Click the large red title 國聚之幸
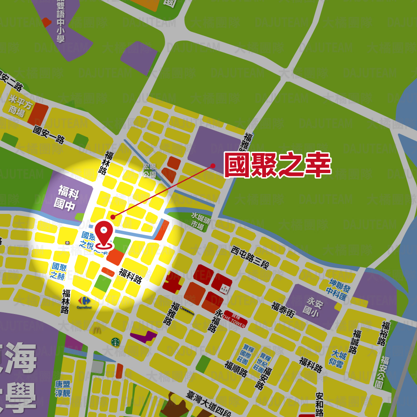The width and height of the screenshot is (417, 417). [277, 165]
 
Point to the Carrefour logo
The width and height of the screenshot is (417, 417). [84, 302]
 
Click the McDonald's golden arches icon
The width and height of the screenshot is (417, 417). [97, 330]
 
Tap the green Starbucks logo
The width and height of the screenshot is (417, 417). [116, 342]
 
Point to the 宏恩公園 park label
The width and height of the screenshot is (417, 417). [149, 171]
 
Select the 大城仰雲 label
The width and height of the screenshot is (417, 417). [337, 360]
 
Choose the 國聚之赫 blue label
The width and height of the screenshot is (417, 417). [58, 271]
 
